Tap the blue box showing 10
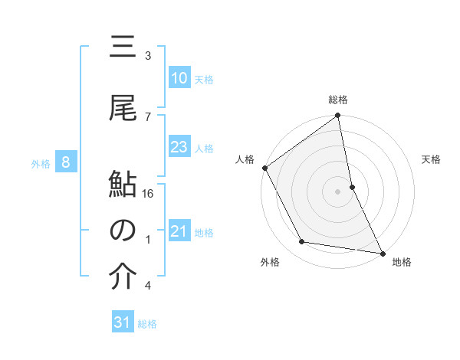[179, 78]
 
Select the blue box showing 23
[179, 147]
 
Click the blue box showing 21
[179, 232]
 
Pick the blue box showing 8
[67, 162]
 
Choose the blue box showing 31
[123, 322]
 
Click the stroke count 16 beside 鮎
[149, 195]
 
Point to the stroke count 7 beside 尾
[148, 116]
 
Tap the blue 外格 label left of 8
[41, 163]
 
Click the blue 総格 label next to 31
[147, 324]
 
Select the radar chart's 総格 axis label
[338, 100]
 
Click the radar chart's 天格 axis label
[432, 159]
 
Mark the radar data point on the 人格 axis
[264, 168]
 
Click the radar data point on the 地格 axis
[382, 253]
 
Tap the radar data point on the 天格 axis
[352, 187]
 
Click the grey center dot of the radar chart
[337, 191]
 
